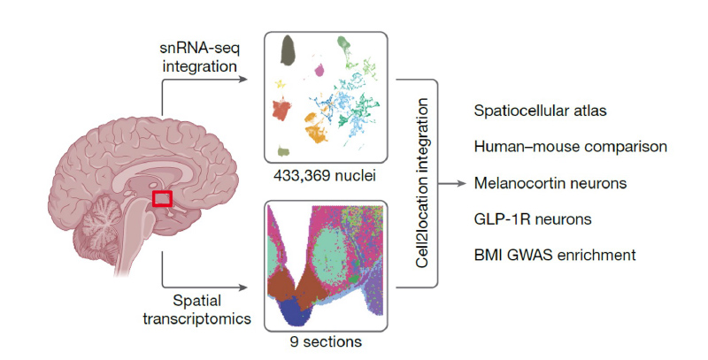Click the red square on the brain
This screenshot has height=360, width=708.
[161, 198]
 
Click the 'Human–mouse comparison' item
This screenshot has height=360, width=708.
[569, 147]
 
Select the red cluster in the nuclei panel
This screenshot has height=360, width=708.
[281, 111]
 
